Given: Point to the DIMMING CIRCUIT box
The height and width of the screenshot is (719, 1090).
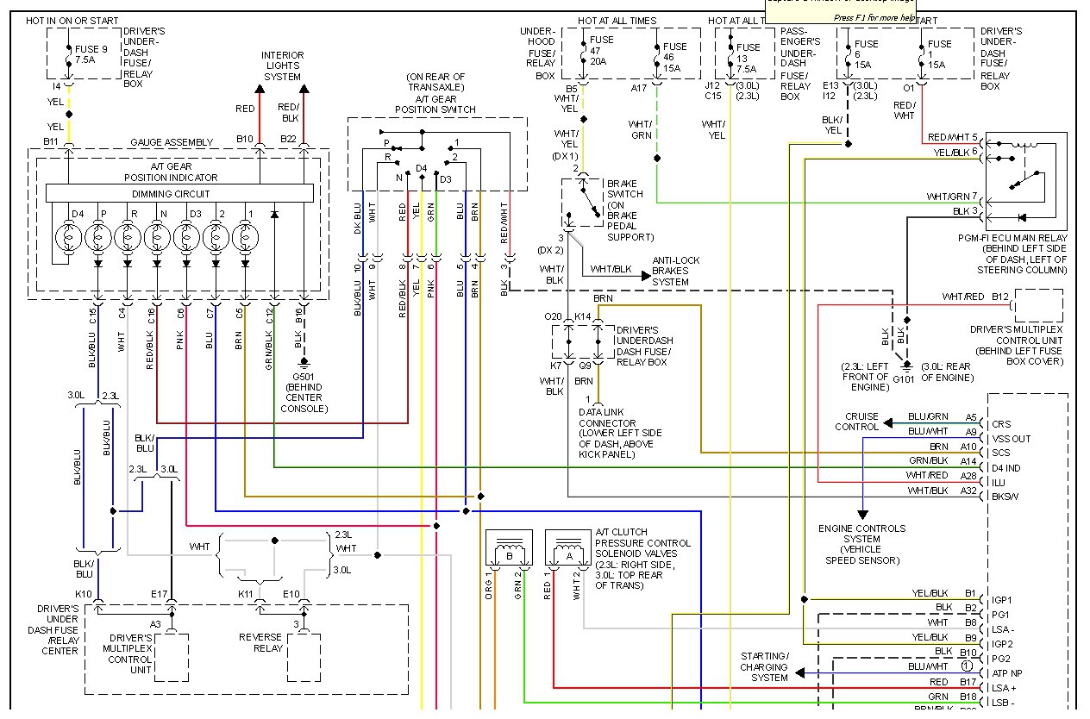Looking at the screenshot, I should click(179, 193).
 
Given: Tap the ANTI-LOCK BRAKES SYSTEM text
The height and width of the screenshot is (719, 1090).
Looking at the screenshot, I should click(676, 271).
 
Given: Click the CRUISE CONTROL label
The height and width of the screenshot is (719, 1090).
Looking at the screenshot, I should click(856, 422).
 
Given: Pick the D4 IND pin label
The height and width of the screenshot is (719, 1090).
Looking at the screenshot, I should click(1006, 468).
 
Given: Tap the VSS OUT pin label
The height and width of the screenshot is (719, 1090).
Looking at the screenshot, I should click(1011, 439).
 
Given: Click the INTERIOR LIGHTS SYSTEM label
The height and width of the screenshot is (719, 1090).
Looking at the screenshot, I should click(283, 66).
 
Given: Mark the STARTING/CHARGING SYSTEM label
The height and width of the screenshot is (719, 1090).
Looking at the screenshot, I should click(764, 666).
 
